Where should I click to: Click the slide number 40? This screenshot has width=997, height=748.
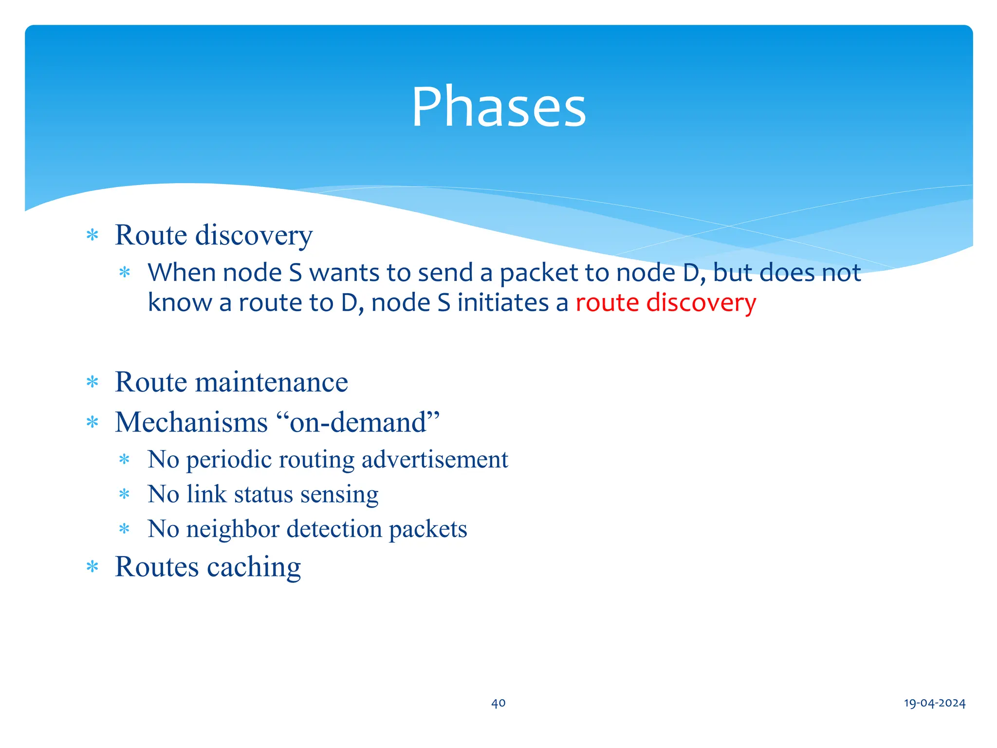click(x=498, y=703)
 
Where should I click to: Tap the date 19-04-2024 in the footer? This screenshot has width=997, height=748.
click(x=934, y=703)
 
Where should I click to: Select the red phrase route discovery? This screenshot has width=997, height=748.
click(x=665, y=303)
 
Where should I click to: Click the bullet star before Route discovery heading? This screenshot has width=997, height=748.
click(x=92, y=236)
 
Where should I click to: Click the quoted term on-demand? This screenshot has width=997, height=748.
click(x=358, y=422)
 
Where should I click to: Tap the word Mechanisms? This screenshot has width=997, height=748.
click(x=191, y=422)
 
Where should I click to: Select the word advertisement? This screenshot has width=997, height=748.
click(x=435, y=460)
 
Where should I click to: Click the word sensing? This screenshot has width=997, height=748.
click(x=339, y=494)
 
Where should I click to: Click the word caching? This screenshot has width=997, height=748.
click(x=254, y=567)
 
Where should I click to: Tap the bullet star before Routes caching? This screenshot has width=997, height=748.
click(x=92, y=567)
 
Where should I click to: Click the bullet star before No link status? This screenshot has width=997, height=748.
click(x=124, y=495)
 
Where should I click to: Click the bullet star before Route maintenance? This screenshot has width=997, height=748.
click(x=92, y=382)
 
